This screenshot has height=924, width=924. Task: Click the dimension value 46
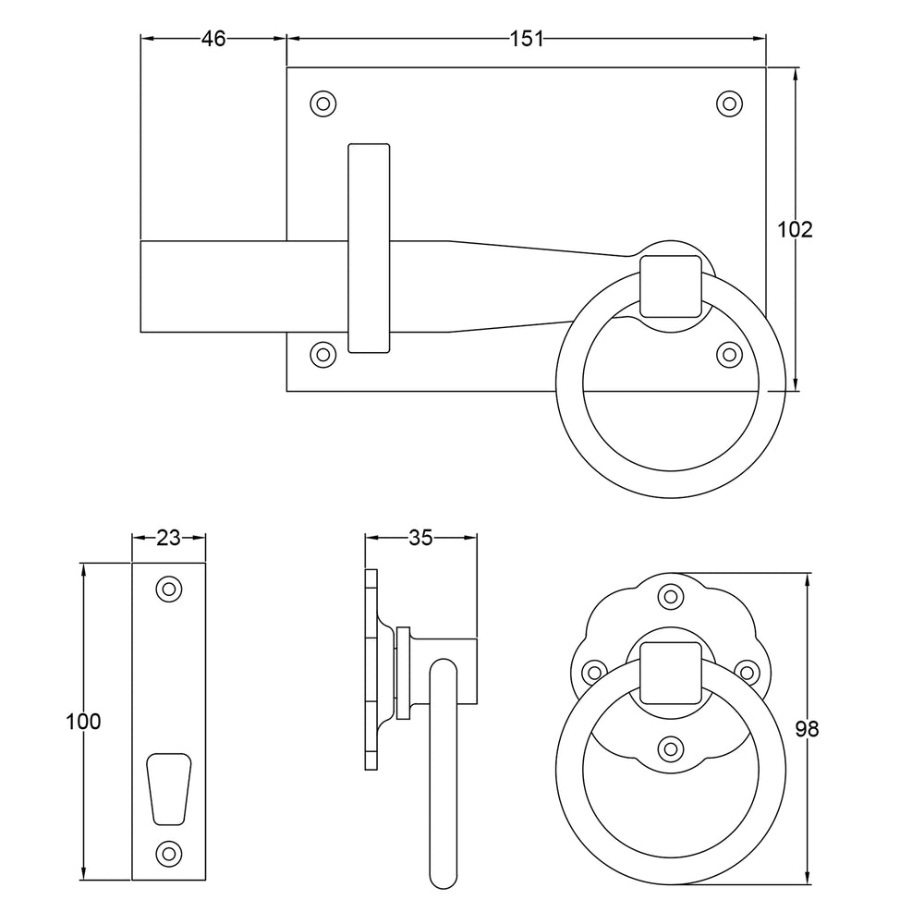[213, 38]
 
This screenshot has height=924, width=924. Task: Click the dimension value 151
[527, 38]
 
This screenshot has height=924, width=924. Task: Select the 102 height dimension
[795, 229]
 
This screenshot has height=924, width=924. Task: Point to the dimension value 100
[83, 722]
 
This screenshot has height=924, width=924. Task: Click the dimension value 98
[807, 729]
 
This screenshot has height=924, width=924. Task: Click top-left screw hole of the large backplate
[322, 103]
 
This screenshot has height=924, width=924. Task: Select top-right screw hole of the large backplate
[730, 103]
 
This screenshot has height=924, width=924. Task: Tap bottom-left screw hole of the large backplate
[322, 354]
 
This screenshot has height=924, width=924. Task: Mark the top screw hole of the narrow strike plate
[168, 589]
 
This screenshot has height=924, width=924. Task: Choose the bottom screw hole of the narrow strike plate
[168, 852]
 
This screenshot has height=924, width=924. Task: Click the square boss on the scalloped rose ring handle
[670, 672]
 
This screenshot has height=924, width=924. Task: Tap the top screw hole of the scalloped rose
[670, 596]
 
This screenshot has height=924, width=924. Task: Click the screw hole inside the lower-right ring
[670, 748]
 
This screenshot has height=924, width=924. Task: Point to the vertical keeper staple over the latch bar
[369, 248]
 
